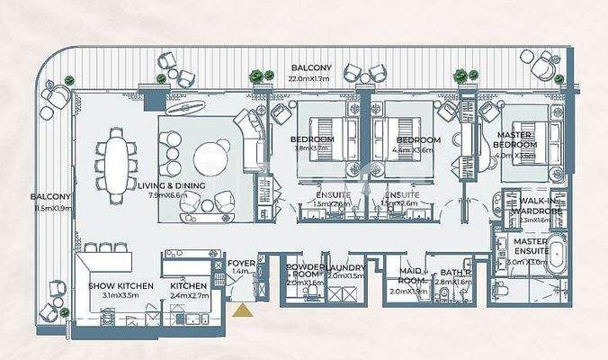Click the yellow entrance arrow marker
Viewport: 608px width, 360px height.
[242, 311]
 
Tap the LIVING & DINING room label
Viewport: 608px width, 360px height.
[172, 185]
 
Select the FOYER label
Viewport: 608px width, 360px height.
[242, 263]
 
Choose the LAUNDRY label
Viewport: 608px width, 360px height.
[345, 268]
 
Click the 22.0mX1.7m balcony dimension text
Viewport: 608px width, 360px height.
[310, 79]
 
